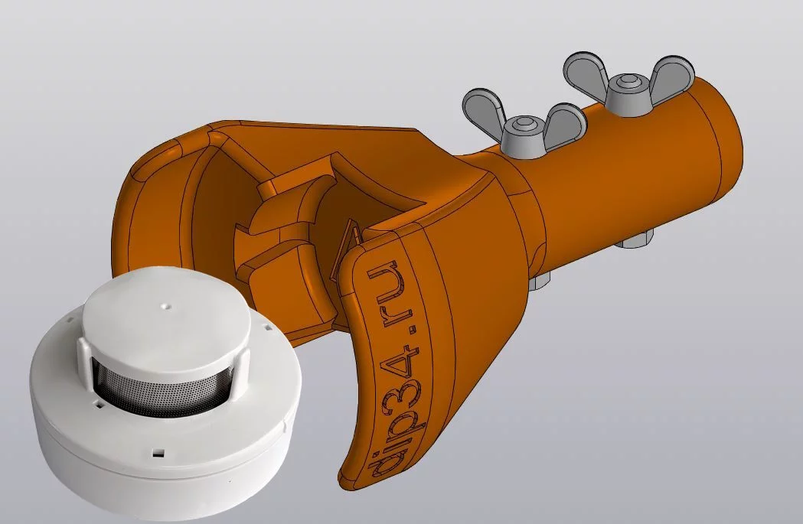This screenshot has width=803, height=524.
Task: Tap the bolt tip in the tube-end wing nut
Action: [626, 80]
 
